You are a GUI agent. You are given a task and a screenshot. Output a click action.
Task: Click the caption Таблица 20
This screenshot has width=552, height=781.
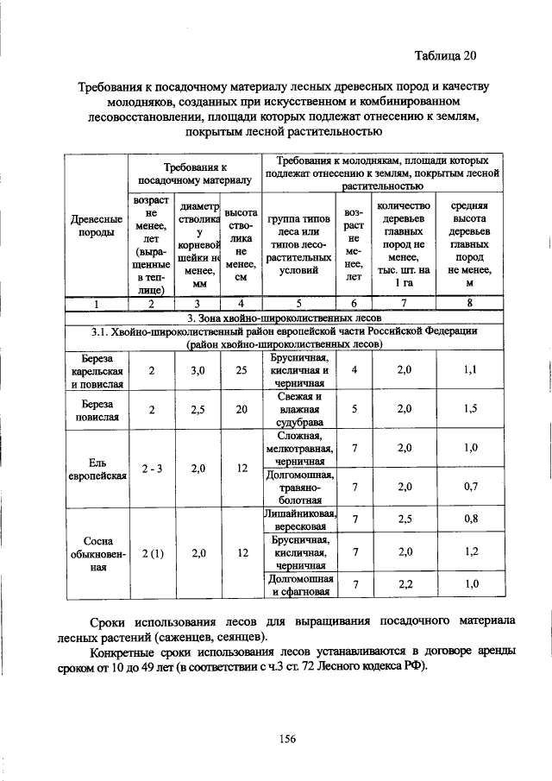coord(444,57)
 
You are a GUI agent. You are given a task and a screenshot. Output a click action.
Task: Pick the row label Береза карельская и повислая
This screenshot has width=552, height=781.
coord(97,370)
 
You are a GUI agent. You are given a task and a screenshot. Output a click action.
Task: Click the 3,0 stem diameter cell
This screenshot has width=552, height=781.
coord(198,370)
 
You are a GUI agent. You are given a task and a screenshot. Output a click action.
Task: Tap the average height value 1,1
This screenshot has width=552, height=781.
coord(470,370)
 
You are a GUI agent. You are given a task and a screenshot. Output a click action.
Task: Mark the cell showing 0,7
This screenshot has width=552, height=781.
coord(470,487)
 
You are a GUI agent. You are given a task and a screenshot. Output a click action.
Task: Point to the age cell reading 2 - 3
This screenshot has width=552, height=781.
coord(151,470)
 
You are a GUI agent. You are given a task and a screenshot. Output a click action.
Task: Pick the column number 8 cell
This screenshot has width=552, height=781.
coord(470,303)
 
